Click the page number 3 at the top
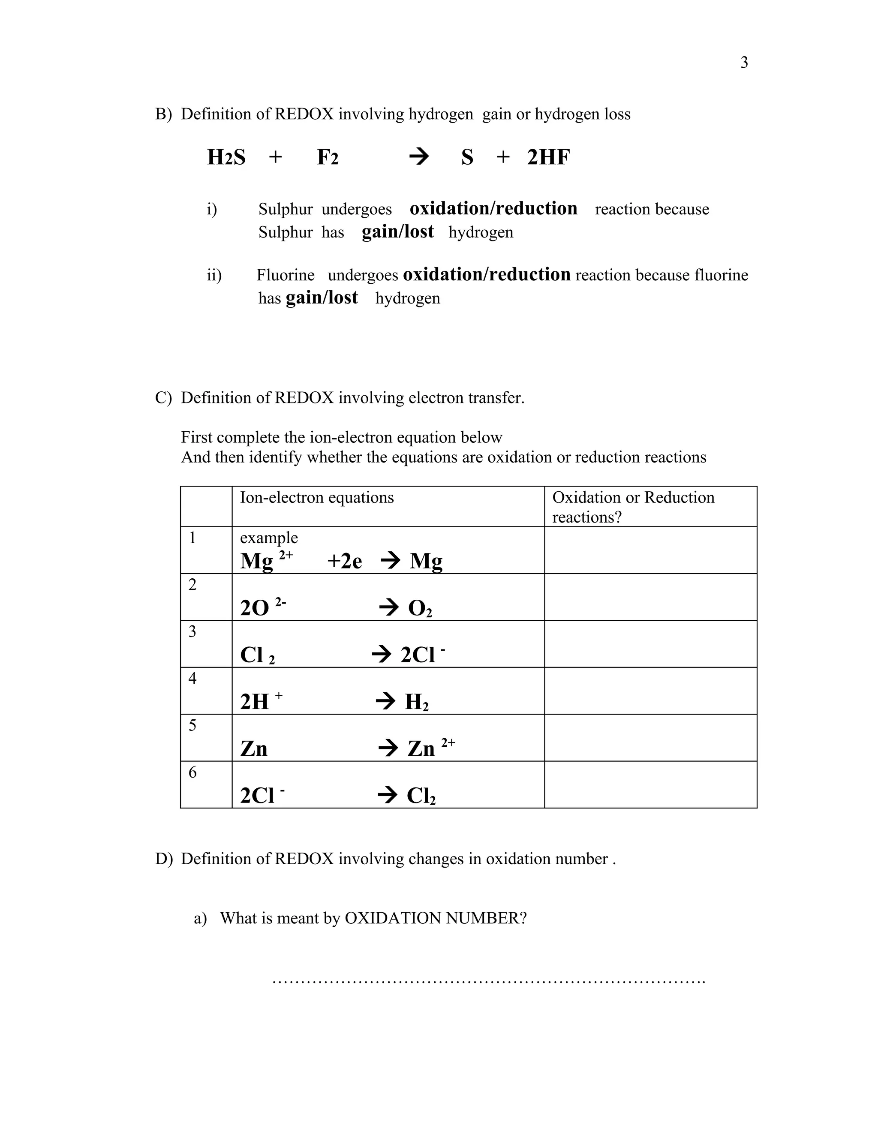(x=744, y=63)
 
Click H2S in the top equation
(x=226, y=157)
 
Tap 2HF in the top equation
(x=548, y=157)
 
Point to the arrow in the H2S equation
(x=419, y=156)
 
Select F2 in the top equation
(x=328, y=157)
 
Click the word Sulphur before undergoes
(x=285, y=209)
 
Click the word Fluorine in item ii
(x=285, y=275)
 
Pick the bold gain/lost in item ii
(x=322, y=298)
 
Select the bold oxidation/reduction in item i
(x=493, y=209)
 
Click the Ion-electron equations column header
(x=317, y=498)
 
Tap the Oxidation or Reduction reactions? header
(x=633, y=507)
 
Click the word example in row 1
(x=268, y=538)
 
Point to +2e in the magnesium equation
(x=344, y=561)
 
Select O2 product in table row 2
(x=420, y=608)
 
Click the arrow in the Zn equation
(x=388, y=748)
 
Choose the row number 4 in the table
(x=192, y=678)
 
